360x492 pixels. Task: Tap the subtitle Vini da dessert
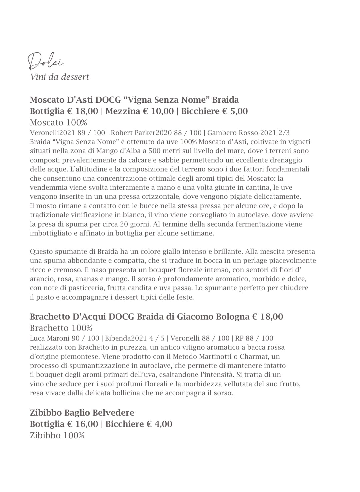point(59,77)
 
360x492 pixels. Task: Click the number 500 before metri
point(154,151)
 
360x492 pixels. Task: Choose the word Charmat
point(254,357)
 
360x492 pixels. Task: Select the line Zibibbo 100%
point(57,435)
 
